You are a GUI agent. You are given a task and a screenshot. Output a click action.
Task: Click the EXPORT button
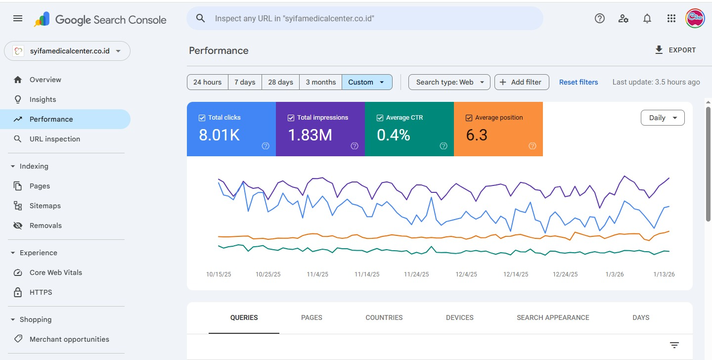(x=675, y=50)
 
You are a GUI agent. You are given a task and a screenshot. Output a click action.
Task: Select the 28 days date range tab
(x=280, y=82)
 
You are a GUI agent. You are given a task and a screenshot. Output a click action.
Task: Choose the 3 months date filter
(x=320, y=82)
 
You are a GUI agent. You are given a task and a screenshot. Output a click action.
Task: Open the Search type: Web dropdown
(x=449, y=82)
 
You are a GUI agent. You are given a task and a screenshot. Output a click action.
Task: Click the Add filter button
(x=522, y=82)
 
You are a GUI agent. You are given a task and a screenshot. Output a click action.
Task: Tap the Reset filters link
(x=578, y=82)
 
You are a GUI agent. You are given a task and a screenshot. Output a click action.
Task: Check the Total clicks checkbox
(x=202, y=118)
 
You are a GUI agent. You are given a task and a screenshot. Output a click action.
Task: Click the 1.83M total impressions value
(x=310, y=135)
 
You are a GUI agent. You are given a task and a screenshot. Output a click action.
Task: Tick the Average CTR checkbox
(x=380, y=118)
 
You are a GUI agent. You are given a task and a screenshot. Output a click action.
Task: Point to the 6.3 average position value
(x=477, y=135)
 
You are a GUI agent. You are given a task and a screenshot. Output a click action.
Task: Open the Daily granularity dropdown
(x=663, y=118)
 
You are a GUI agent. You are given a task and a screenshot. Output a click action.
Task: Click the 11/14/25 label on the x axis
(x=367, y=274)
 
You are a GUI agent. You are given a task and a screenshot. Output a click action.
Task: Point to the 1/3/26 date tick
(x=615, y=274)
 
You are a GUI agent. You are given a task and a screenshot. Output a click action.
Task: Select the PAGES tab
(x=311, y=317)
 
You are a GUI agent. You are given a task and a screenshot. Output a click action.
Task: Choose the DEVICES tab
(x=459, y=317)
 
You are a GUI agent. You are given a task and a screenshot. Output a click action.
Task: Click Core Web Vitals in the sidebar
(x=56, y=272)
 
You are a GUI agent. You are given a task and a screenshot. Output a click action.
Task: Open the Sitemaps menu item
(x=45, y=206)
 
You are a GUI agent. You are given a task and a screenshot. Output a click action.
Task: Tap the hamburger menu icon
(x=18, y=18)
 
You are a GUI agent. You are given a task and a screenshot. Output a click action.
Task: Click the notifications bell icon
(x=647, y=18)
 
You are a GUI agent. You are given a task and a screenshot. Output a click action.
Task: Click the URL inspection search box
(x=364, y=18)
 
